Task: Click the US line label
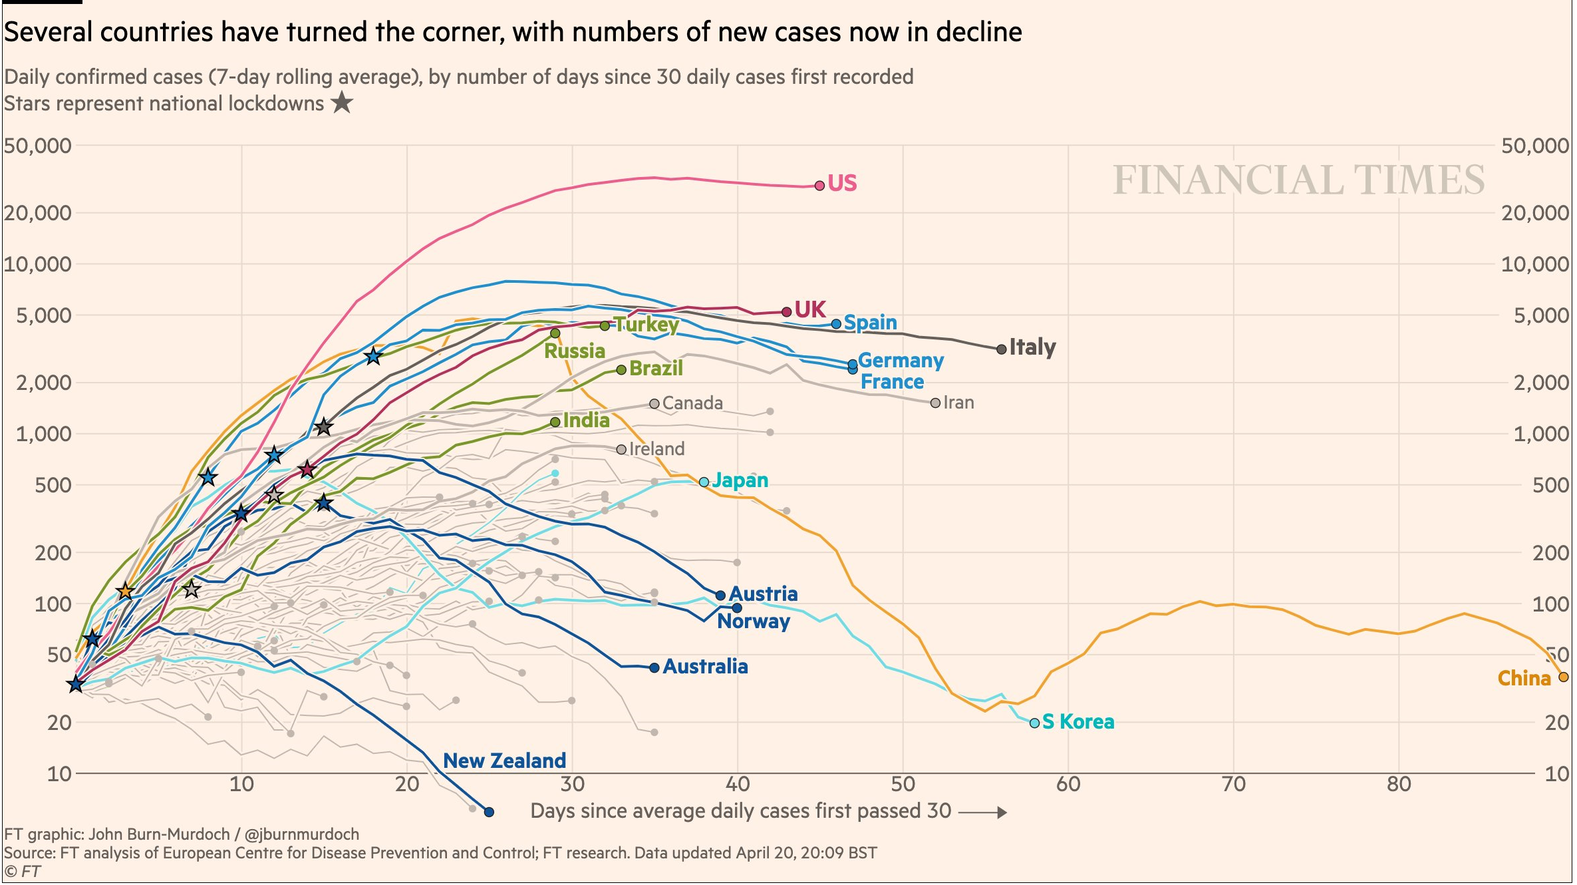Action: (842, 183)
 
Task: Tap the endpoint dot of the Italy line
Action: (1002, 349)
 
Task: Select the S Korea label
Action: (1077, 722)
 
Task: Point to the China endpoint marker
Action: (1564, 677)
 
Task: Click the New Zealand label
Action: (504, 761)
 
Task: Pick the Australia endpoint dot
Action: (654, 667)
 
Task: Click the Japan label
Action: (740, 480)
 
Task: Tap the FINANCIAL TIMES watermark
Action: (1298, 180)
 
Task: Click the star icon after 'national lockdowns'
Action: (342, 103)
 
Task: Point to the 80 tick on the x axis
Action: (1399, 785)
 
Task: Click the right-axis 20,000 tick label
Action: (1535, 213)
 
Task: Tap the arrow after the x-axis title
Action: (983, 812)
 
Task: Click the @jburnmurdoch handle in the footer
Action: (302, 834)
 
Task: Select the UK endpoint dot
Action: (787, 311)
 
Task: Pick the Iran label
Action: (958, 403)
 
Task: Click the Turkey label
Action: (646, 325)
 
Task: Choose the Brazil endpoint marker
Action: (621, 370)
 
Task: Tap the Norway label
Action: (754, 621)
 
